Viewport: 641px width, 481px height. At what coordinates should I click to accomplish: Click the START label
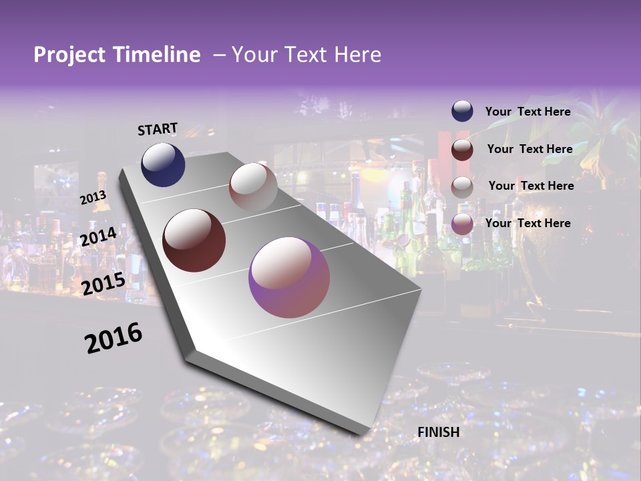pyautogui.click(x=158, y=129)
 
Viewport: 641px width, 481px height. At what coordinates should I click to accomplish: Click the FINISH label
pyautogui.click(x=439, y=432)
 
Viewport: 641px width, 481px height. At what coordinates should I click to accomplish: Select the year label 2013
pyautogui.click(x=93, y=198)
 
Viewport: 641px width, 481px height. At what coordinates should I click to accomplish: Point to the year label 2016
pyautogui.click(x=114, y=338)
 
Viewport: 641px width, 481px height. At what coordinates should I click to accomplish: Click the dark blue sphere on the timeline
pyautogui.click(x=163, y=164)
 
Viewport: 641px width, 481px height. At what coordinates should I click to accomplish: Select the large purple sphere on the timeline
pyautogui.click(x=289, y=277)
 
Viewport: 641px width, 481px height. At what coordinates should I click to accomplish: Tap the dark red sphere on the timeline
pyautogui.click(x=194, y=240)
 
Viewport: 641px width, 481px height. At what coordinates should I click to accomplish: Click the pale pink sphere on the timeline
pyautogui.click(x=253, y=187)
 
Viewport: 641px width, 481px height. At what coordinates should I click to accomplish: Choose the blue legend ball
pyautogui.click(x=462, y=112)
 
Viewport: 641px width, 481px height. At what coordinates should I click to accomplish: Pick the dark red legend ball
pyautogui.click(x=462, y=149)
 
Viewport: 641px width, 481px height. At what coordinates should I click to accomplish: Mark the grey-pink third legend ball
pyautogui.click(x=462, y=186)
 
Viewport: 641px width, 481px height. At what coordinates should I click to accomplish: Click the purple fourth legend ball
pyautogui.click(x=462, y=224)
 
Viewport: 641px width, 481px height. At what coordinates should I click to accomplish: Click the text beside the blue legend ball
pyautogui.click(x=527, y=112)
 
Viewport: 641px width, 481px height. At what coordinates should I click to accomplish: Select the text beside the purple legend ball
pyautogui.click(x=527, y=223)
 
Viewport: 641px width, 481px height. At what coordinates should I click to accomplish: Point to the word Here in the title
pyautogui.click(x=357, y=55)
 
